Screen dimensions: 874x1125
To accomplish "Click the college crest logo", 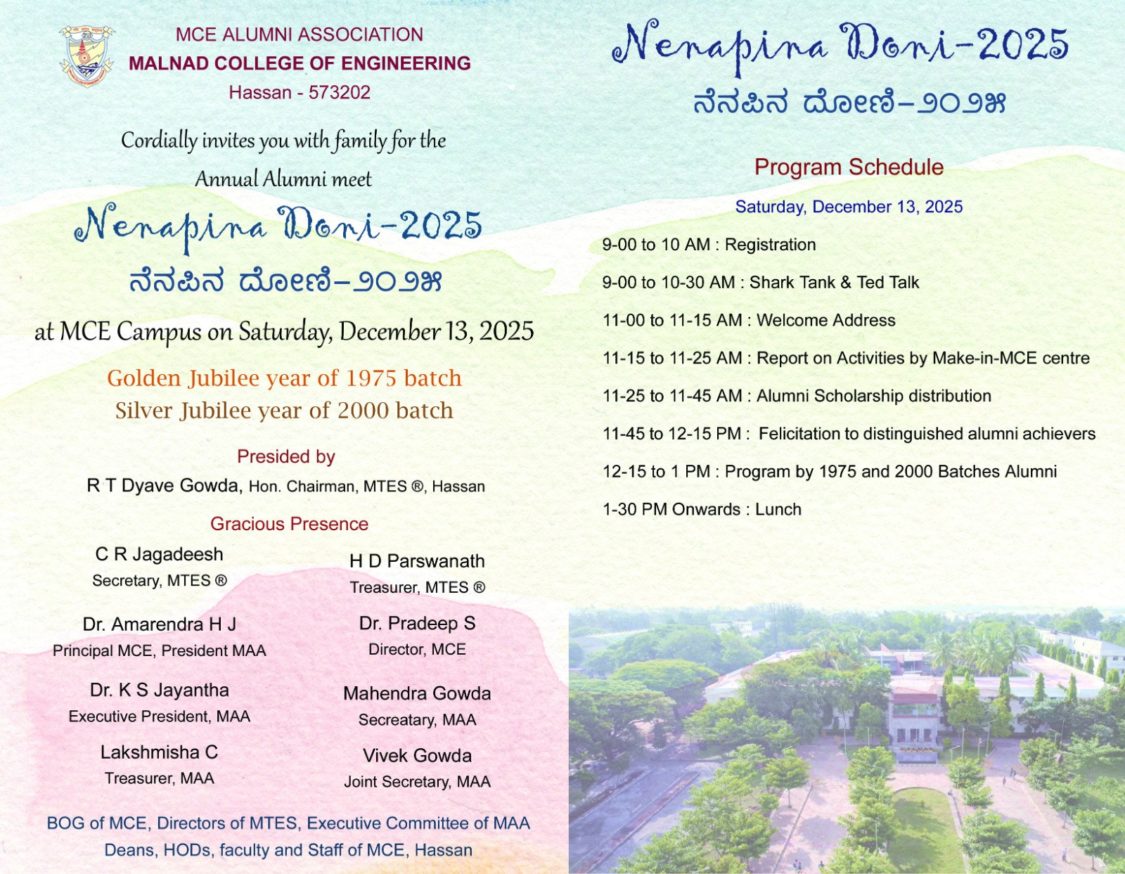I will coord(86,56).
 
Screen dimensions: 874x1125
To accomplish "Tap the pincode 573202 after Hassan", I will coord(339,93).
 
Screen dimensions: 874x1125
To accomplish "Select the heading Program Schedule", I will coord(849,167).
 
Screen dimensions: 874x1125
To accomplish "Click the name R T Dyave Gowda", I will coord(163,486).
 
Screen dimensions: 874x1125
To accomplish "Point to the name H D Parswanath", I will coord(417,561).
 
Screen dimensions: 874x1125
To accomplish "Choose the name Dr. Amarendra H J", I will coord(160,624).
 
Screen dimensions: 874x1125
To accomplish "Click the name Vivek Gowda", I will coord(417,756).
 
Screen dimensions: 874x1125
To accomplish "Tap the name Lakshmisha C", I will coord(160,752).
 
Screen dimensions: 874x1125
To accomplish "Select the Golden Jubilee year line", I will coord(284,378).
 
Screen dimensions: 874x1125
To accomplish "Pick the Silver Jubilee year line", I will coord(284,411).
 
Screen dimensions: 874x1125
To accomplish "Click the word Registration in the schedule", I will coord(770,245).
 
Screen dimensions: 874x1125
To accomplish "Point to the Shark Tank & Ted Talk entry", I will coord(834,283).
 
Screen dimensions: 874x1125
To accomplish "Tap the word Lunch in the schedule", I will coord(778,510).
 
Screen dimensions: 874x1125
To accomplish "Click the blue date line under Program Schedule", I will coord(849,207).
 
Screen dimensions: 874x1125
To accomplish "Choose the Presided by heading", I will coord(285,457).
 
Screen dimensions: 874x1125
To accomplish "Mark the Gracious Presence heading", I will coord(289,525).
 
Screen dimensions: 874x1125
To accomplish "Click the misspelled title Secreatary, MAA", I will coord(417,720).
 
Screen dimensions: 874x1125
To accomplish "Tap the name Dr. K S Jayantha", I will coord(160,690).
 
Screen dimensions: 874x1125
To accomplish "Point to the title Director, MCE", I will coord(417,650).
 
